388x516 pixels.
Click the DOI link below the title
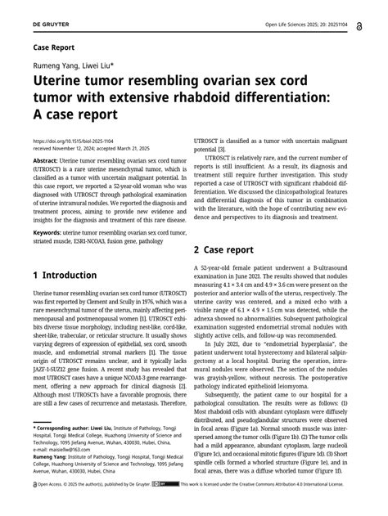pyautogui.click(x=74, y=141)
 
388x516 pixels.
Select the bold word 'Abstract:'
pyautogui.click(x=46, y=162)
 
